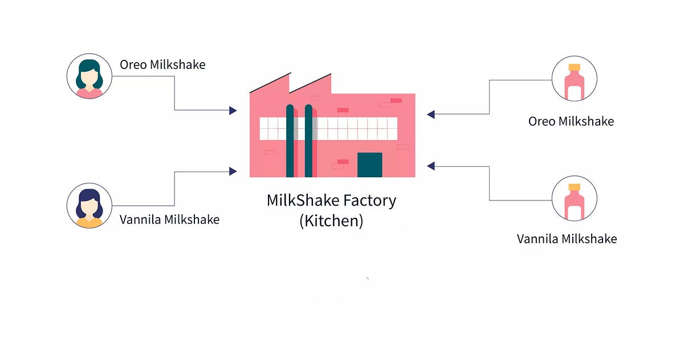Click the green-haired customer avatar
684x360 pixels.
(89, 76)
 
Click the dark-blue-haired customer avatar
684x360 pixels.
(89, 206)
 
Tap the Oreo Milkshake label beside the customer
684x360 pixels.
(162, 64)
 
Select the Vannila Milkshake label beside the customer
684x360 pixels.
(169, 219)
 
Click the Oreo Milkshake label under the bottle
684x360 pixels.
(571, 121)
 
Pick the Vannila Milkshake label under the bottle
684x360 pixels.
(567, 239)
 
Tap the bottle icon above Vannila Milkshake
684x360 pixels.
(575, 198)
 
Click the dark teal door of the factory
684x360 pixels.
(369, 165)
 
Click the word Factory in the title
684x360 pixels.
(368, 201)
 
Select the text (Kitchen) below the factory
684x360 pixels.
(331, 220)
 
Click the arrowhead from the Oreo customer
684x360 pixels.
(233, 110)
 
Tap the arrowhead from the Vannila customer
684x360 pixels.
(233, 171)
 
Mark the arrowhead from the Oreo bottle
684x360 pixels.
(431, 114)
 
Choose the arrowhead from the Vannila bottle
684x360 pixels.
(431, 166)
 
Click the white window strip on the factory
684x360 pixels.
(353, 129)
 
